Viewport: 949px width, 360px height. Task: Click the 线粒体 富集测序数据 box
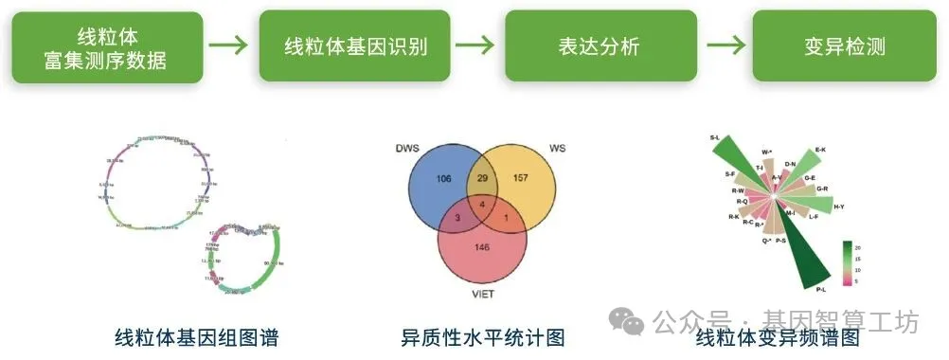tap(105, 46)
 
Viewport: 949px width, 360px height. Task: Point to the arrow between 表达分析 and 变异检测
tap(725, 46)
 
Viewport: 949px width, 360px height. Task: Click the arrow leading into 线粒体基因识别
tap(230, 46)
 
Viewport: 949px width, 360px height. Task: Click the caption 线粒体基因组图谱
tap(197, 335)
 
